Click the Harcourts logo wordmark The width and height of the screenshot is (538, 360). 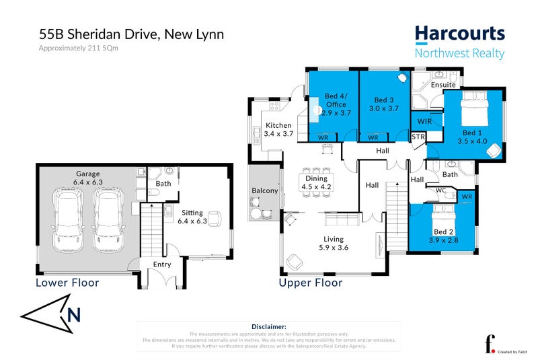click(x=459, y=34)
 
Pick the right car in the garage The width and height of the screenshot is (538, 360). click(x=107, y=215)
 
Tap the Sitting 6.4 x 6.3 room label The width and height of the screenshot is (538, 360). click(x=192, y=217)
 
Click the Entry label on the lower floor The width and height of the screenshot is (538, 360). click(x=162, y=264)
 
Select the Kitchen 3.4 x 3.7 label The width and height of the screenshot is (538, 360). click(x=278, y=130)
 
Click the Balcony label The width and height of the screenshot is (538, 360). click(x=265, y=190)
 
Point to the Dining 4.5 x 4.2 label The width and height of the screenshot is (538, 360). click(x=316, y=182)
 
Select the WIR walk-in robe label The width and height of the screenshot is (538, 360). click(x=424, y=121)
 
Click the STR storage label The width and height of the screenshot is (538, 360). click(x=418, y=137)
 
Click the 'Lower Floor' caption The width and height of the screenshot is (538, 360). click(x=67, y=283)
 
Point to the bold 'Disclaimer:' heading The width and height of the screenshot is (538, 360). click(x=268, y=326)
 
